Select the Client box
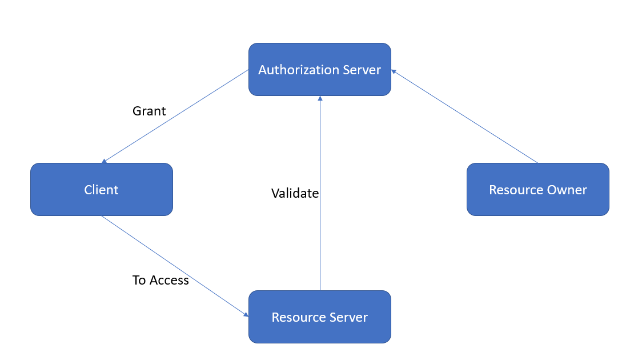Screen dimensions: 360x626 101,190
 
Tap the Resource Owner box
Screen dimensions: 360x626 537,190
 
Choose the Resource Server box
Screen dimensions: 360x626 319,317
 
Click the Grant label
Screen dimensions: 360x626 149,111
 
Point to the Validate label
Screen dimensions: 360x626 295,194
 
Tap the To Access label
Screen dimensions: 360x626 160,280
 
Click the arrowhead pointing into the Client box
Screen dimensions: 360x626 104,162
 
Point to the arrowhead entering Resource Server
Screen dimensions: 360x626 246,314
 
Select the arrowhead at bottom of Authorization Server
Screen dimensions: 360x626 320,98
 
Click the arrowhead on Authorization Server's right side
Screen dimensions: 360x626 394,71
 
